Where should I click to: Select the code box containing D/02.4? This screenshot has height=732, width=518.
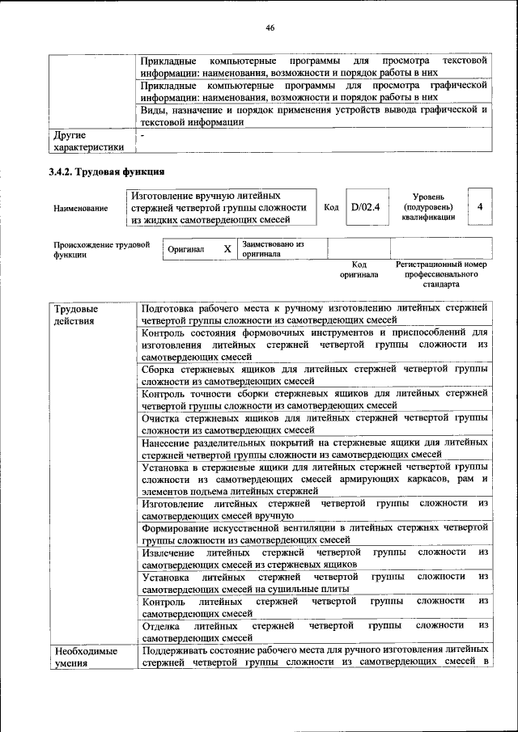tap(365, 207)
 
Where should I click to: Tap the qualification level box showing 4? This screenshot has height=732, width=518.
tap(480, 207)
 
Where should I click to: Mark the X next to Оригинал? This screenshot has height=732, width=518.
tap(227, 249)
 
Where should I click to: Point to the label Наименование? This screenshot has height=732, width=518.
tap(81, 209)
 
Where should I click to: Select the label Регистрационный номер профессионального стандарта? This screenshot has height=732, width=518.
tap(440, 274)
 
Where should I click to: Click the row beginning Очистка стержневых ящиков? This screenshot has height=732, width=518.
tap(314, 424)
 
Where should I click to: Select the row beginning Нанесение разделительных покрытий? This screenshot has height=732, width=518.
tap(314, 448)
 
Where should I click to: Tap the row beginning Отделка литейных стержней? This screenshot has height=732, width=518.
tap(314, 631)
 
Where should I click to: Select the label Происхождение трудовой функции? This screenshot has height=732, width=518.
tap(102, 248)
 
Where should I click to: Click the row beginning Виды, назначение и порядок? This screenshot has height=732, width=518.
tap(314, 116)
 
